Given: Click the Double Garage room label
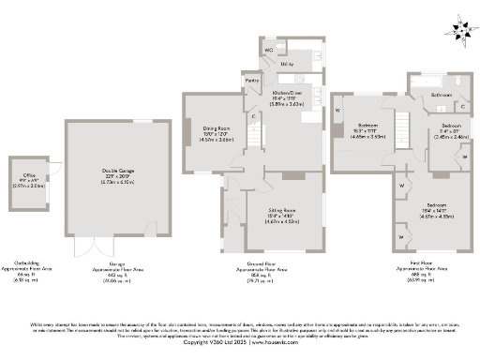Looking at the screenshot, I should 117,170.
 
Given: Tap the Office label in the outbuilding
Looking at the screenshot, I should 28,175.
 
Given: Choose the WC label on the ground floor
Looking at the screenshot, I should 268,49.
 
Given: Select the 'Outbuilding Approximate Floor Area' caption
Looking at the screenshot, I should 28,268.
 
